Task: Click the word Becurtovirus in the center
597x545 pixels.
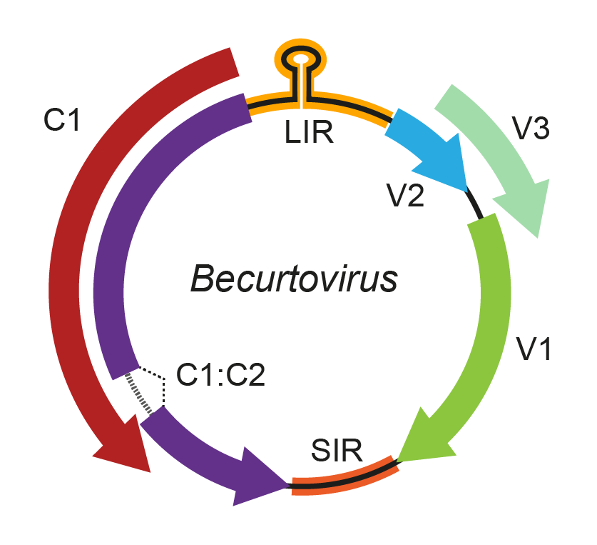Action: (293, 279)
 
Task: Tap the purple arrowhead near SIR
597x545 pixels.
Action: (260, 477)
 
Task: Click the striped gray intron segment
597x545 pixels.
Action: (140, 392)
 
